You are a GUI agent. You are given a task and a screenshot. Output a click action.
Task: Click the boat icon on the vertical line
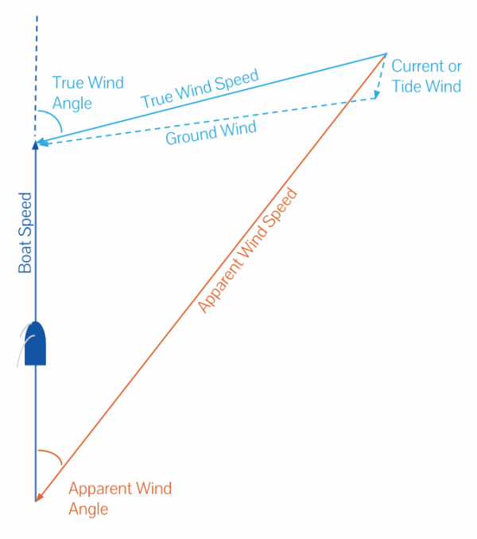pyautogui.click(x=36, y=345)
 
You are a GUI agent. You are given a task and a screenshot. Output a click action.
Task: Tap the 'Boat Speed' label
pyautogui.click(x=26, y=232)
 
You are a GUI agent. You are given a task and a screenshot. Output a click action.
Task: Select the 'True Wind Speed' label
pyautogui.click(x=200, y=89)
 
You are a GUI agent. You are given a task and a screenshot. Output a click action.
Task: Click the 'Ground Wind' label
pyautogui.click(x=211, y=133)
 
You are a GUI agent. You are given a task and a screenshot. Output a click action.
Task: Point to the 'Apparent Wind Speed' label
pyautogui.click(x=247, y=251)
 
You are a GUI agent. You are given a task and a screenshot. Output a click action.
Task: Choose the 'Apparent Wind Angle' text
pyautogui.click(x=119, y=498)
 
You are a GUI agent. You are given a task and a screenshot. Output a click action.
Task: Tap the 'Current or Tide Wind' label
pyautogui.click(x=426, y=76)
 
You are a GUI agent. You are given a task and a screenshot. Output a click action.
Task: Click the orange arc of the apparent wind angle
pyautogui.click(x=55, y=457)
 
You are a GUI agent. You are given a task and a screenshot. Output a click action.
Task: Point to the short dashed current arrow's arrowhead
pyautogui.click(x=377, y=95)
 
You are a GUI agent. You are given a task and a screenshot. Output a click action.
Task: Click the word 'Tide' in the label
pyautogui.click(x=405, y=87)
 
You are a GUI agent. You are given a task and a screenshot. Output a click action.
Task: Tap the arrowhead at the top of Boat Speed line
pyautogui.click(x=36, y=144)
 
